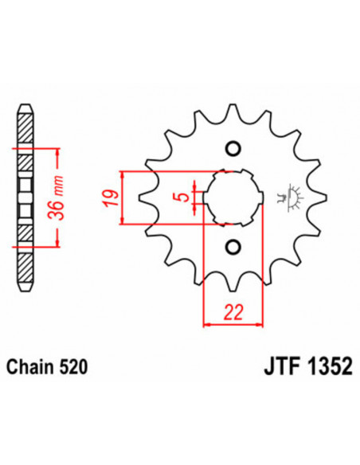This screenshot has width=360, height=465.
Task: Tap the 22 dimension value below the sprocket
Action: tap(233, 311)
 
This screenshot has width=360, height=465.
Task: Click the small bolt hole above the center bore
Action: tap(233, 149)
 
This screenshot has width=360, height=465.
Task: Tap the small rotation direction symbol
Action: tap(290, 197)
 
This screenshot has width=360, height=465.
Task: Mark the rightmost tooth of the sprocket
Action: tap(321, 197)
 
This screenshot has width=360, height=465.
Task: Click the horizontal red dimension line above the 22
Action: tap(233, 323)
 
